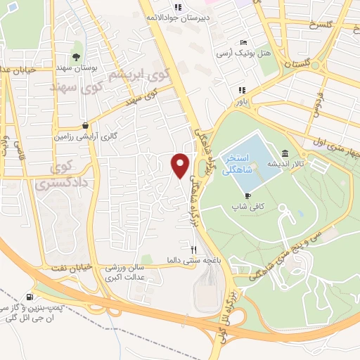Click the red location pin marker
click(181, 165)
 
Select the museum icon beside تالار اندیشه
click(283, 154)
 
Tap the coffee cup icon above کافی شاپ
click(247, 195)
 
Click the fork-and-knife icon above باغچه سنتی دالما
click(193, 250)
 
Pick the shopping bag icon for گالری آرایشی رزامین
click(86, 125)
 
